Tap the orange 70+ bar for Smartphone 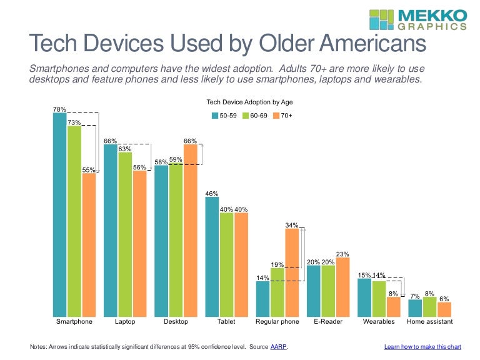tap(89, 244)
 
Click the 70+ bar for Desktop tap(190, 230)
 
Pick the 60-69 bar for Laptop tap(125, 234)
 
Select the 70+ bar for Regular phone tap(292, 272)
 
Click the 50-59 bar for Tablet tap(212, 257)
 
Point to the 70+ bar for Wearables tap(393, 306)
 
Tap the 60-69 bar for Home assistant tap(429, 307)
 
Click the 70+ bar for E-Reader tap(342, 287)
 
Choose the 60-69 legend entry tap(256, 115)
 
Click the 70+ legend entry tap(282, 115)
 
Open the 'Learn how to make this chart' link tap(422, 346)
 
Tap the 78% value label tap(59, 109)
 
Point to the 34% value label tap(292, 225)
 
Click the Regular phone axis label tap(277, 322)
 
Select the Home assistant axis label tap(429, 322)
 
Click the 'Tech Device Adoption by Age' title tap(249, 101)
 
